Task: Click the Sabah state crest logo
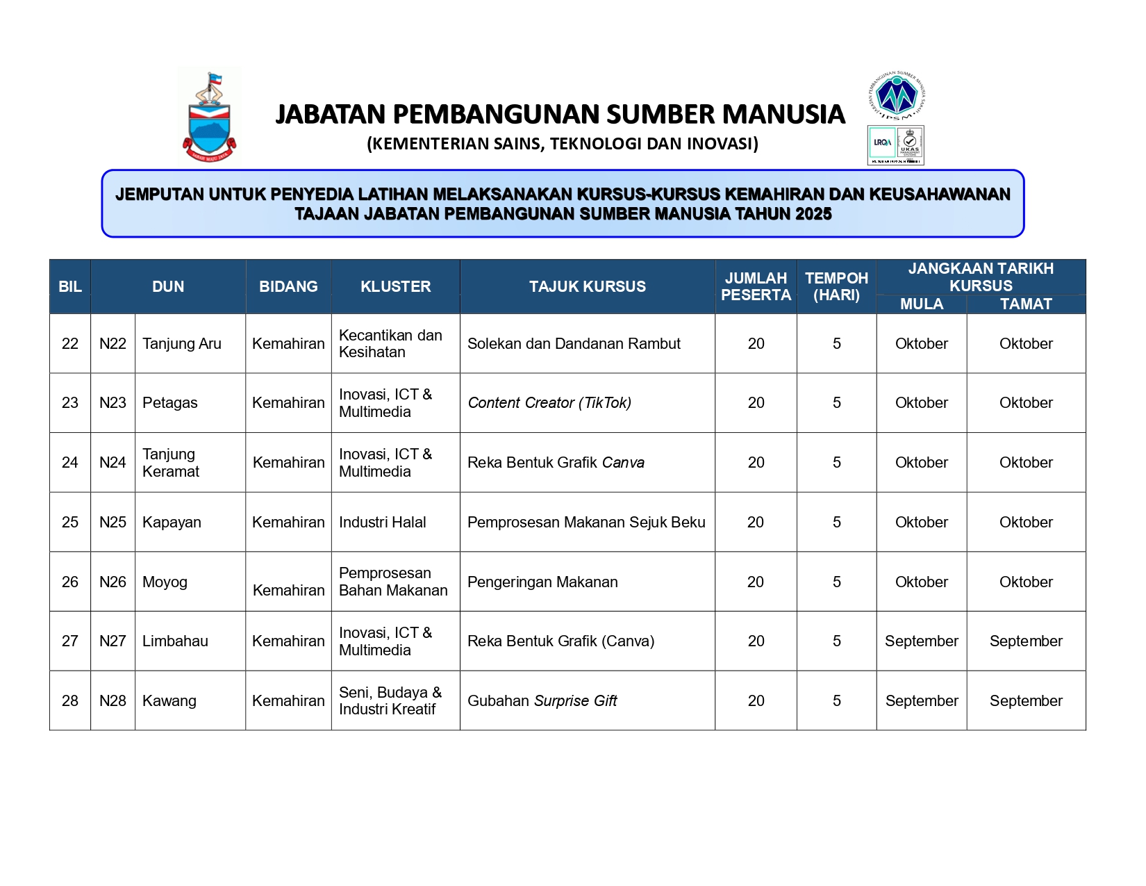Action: click(209, 117)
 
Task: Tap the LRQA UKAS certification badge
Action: click(895, 145)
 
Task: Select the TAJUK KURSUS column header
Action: click(587, 286)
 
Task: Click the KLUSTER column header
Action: click(395, 286)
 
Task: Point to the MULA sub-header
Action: click(921, 304)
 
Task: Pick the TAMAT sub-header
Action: click(1025, 304)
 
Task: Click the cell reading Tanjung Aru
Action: click(182, 343)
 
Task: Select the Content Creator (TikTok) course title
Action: click(549, 403)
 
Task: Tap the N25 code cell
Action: click(113, 523)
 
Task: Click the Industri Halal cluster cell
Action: click(383, 523)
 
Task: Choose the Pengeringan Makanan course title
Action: click(542, 582)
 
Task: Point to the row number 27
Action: click(70, 641)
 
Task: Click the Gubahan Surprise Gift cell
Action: click(542, 701)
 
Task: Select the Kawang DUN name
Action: click(169, 701)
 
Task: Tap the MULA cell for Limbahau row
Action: click(921, 641)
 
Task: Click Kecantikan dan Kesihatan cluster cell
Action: click(390, 343)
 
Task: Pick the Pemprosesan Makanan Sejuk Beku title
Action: click(586, 523)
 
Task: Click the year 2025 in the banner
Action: click(813, 214)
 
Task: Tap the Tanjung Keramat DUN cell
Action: click(171, 463)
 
